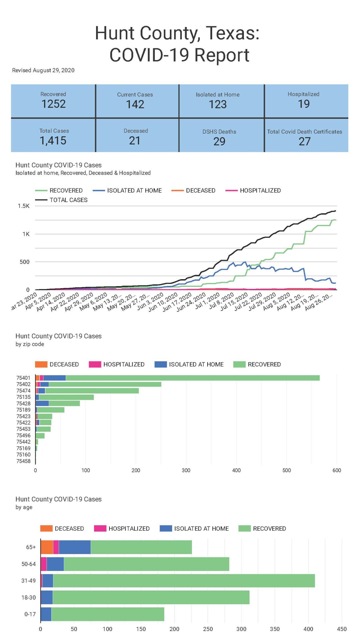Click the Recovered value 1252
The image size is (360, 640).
[x=53, y=104]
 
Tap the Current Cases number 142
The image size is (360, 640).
[x=135, y=104]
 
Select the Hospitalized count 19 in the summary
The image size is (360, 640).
[x=304, y=104]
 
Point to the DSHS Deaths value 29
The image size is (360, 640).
[x=219, y=141]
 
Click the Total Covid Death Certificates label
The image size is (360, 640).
[x=304, y=132]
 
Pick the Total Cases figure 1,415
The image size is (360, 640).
[x=53, y=141]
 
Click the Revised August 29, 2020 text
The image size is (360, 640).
[x=43, y=70]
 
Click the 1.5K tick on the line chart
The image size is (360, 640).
[x=24, y=206]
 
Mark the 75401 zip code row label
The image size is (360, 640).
[x=23, y=378]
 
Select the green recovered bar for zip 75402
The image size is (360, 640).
[x=105, y=384]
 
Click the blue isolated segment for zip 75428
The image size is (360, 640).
[x=42, y=403]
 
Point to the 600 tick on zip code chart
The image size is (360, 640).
[x=336, y=470]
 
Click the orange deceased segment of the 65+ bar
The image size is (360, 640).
[x=47, y=547]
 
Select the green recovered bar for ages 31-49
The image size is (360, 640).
[x=184, y=581]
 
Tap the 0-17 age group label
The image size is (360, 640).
[x=30, y=614]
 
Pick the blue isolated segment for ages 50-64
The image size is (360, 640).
[x=55, y=564]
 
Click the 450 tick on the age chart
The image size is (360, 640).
[x=342, y=629]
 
